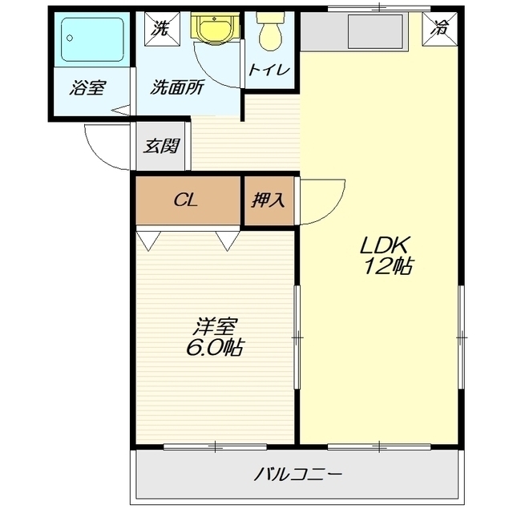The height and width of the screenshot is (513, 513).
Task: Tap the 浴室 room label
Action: pos(87,88)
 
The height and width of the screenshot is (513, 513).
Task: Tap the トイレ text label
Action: pos(269,70)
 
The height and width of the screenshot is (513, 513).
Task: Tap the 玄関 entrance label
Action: pos(161,147)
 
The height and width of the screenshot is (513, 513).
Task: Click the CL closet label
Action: pos(187,200)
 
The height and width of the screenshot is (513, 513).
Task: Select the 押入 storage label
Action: pos(269,200)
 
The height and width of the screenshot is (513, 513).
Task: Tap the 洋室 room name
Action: pos(214,326)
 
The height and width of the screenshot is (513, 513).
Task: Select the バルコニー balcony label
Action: pos(298,475)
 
